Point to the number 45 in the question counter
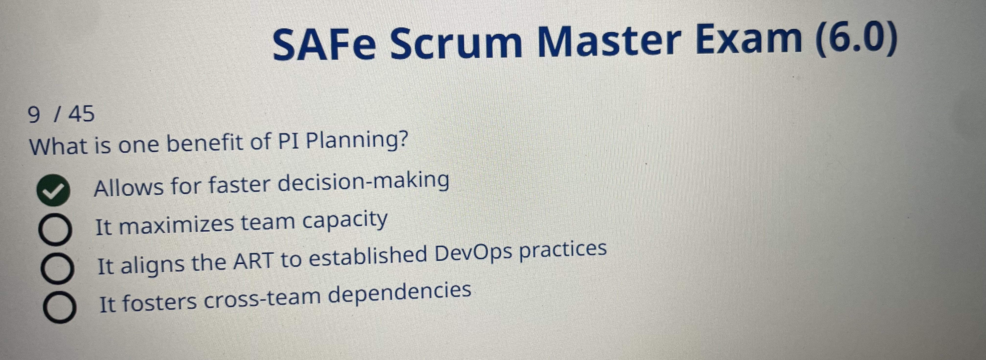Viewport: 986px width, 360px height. pyautogui.click(x=81, y=114)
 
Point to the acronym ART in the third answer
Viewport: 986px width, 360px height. pyautogui.click(x=253, y=261)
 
